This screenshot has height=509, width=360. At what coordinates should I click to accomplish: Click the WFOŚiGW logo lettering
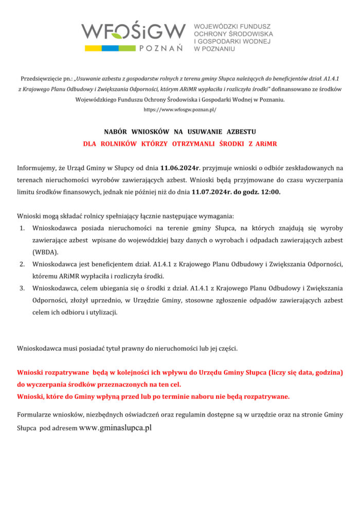tap(133, 31)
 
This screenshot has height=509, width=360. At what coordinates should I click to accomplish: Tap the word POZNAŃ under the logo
tap(161, 48)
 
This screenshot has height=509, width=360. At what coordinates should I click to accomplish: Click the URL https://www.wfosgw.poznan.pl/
tap(180, 110)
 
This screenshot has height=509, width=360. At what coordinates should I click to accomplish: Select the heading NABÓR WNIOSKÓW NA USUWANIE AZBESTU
tap(180, 132)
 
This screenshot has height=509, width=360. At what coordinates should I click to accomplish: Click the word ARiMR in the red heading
tap(265, 144)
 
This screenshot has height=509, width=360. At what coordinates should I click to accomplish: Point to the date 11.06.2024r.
tap(179, 168)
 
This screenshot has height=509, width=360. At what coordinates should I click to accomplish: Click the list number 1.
tap(22, 227)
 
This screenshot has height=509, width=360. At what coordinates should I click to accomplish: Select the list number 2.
tap(22, 264)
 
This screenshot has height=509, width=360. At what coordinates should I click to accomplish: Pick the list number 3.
tap(22, 288)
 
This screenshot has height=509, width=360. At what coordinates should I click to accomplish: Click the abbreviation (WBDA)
tap(45, 252)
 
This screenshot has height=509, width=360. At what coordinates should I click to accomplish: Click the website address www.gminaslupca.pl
tap(115, 427)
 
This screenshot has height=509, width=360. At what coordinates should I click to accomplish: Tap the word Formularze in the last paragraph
tap(35, 414)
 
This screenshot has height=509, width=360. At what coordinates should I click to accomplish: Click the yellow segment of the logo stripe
tap(96, 48)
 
